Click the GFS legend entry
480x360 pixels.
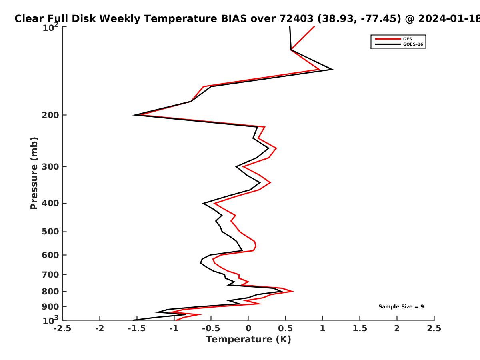tap(394, 39)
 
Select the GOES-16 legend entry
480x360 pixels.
tap(399, 44)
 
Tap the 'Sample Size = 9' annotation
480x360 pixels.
tap(401, 307)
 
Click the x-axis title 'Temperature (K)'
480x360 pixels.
tap(248, 340)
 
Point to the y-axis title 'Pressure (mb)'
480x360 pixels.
tap(34, 173)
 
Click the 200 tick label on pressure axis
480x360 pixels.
tap(50, 115)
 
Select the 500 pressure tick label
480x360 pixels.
tap(50, 232)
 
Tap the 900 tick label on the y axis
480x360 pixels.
tap(50, 307)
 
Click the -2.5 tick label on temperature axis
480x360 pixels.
tap(62, 328)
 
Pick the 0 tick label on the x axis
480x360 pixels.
tap(248, 328)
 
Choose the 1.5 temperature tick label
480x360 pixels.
tap(360, 328)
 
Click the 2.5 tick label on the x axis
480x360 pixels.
tap(434, 328)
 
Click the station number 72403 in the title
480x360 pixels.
tap(296, 19)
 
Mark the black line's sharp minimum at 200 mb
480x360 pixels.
tap(134, 115)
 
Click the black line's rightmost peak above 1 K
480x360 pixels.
tap(332, 70)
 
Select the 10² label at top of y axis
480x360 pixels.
tap(50, 27)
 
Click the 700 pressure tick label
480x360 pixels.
tap(50, 275)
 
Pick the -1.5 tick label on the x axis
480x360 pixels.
tap(137, 328)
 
